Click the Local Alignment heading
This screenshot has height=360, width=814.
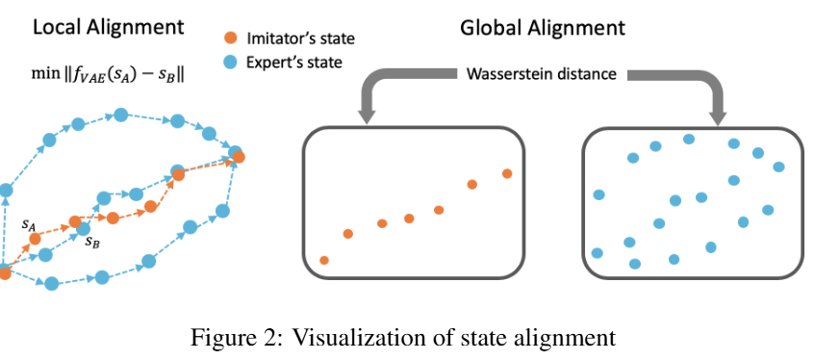click(109, 27)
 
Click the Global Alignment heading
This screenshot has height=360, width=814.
click(543, 28)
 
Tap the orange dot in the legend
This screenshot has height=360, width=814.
click(231, 38)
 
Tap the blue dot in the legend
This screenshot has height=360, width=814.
click(231, 63)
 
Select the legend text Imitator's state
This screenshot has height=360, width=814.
click(300, 39)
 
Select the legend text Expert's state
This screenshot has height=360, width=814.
click(294, 63)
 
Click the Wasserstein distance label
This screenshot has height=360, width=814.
click(542, 74)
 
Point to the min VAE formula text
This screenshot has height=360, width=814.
click(109, 75)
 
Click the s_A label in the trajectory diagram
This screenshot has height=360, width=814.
click(29, 224)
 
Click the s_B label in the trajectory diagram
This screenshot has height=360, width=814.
click(93, 242)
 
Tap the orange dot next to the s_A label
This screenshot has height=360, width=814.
click(35, 239)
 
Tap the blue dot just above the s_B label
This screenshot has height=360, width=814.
click(84, 228)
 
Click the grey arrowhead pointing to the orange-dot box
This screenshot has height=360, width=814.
click(367, 116)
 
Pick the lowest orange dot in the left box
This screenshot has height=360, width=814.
click(324, 260)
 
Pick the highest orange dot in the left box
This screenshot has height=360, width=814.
click(507, 173)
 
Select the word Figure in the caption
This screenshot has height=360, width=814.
click(220, 338)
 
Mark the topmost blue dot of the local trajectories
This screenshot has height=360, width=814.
click(121, 115)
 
